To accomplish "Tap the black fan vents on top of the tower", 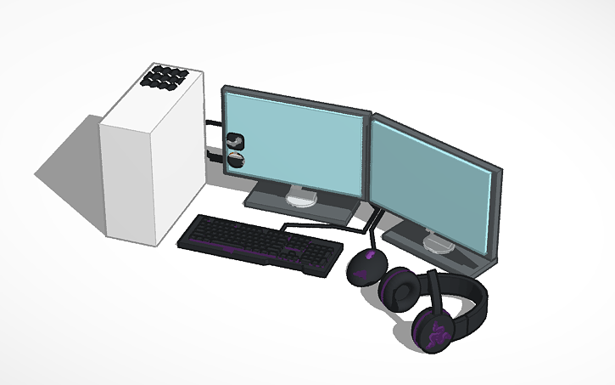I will point(166,76).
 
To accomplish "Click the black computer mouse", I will point(366,265).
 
